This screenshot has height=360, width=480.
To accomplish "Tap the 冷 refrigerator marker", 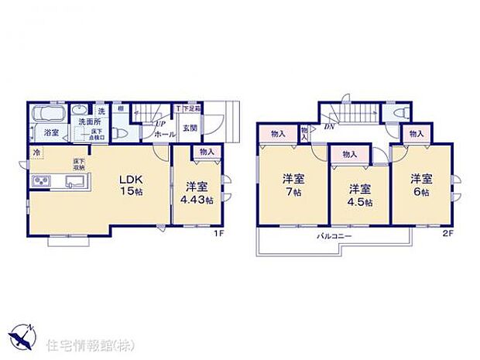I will pos(36,153).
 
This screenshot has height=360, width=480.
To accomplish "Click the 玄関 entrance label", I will pos(190,128).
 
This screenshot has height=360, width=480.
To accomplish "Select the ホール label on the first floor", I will pos(164,134).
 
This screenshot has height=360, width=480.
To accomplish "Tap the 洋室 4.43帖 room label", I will pos(195,192).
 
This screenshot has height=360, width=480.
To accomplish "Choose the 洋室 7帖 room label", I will pos(292,184).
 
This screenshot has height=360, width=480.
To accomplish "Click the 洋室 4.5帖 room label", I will pos(358,194).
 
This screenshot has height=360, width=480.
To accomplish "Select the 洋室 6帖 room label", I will pos(421,184).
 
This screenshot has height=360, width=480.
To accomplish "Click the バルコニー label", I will pos(334,235).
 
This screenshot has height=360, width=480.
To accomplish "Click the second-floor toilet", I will pos(399,114).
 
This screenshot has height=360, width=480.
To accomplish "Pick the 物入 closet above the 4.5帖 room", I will pos(349,154).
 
